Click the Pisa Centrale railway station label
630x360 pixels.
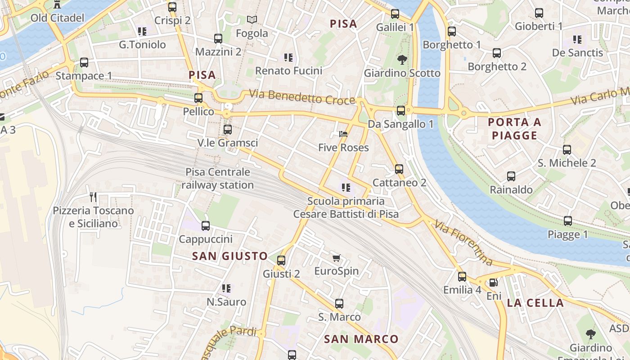(218, 179)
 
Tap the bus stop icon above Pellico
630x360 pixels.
(198, 98)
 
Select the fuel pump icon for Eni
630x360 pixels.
(494, 283)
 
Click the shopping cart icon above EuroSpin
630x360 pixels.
(336, 258)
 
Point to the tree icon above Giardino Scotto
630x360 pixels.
(402, 59)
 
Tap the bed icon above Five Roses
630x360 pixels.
(343, 134)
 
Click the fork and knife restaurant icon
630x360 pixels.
(93, 197)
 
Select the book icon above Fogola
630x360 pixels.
(252, 20)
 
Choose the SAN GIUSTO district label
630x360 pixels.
(230, 256)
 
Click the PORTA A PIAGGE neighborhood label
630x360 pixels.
(514, 129)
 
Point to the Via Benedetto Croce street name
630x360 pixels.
(302, 97)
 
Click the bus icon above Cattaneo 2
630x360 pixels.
(399, 169)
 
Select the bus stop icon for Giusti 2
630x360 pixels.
(281, 260)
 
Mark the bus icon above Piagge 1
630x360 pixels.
(568, 221)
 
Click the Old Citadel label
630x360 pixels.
(57, 18)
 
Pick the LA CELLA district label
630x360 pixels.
(535, 303)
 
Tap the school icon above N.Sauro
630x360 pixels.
(226, 288)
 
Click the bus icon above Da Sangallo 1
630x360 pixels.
(400, 110)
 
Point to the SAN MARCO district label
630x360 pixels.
(361, 339)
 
